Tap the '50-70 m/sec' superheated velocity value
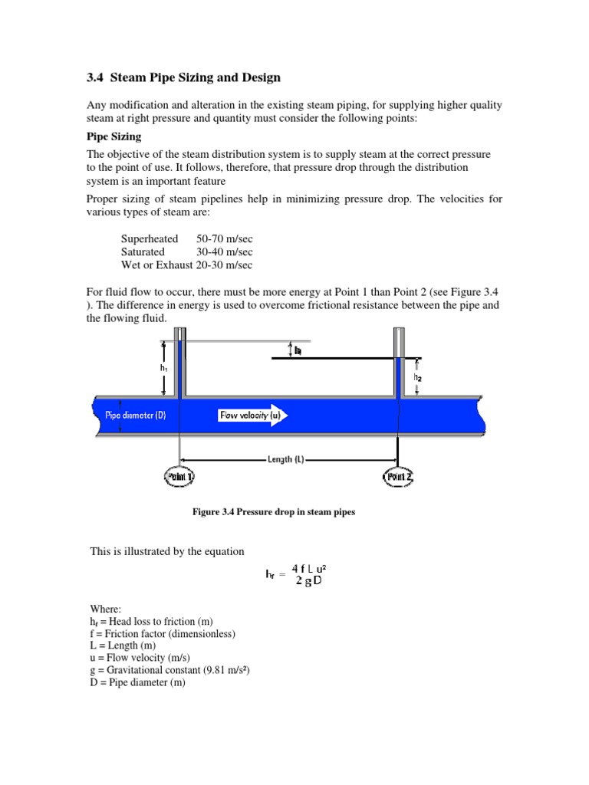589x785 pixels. point(225,239)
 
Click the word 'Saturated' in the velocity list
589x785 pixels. point(143,251)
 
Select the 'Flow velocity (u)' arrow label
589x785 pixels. point(250,415)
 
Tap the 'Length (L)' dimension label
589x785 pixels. point(286,459)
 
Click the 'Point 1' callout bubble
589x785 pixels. point(179,477)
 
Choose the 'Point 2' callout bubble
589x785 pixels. point(398,477)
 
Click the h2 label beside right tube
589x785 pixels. point(417,376)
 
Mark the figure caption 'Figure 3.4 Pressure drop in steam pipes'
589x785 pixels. point(273,512)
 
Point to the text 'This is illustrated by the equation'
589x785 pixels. point(167,550)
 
